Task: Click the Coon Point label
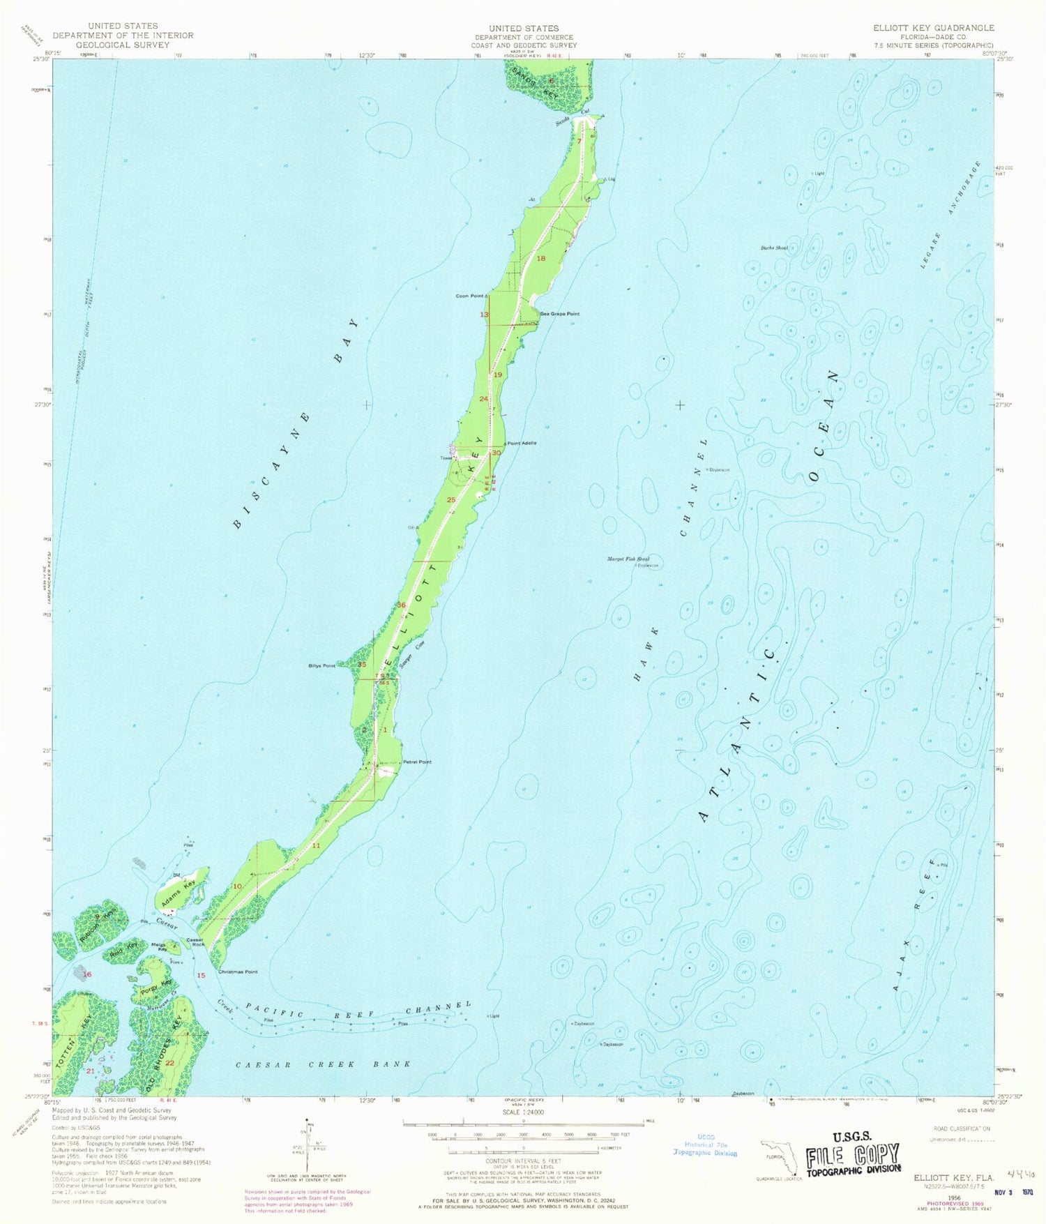(469, 296)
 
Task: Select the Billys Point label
(322, 666)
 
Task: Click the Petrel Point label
(417, 762)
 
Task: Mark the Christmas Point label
(238, 972)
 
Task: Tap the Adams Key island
(183, 889)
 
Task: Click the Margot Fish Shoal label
(628, 559)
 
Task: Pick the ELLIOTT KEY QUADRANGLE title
(934, 28)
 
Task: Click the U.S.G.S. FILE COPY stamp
(852, 1157)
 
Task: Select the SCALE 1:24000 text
(523, 1112)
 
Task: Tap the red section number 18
(540, 259)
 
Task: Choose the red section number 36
(402, 605)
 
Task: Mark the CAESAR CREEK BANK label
(323, 1064)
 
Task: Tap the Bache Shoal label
(774, 248)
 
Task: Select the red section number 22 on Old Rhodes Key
(169, 1063)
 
